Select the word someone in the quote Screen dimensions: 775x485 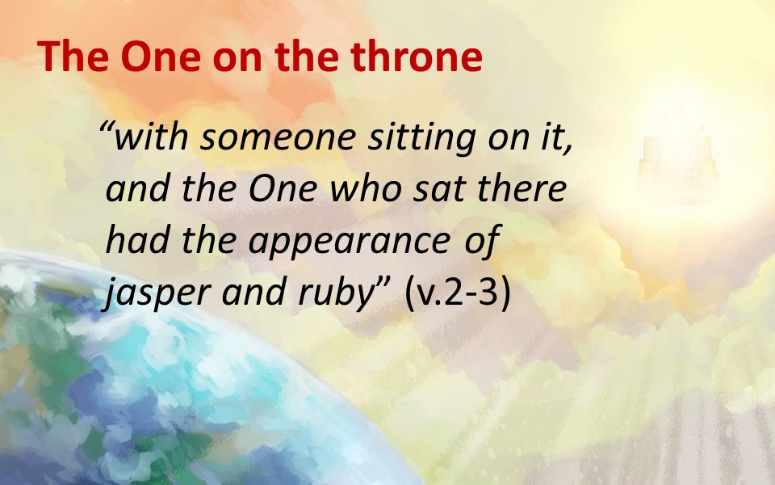(x=278, y=137)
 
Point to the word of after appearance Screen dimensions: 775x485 (x=482, y=241)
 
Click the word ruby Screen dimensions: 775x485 (x=339, y=293)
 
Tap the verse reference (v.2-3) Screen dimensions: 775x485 (x=457, y=293)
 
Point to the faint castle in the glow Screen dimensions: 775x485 (x=677, y=154)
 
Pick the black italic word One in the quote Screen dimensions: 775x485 (x=282, y=188)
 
